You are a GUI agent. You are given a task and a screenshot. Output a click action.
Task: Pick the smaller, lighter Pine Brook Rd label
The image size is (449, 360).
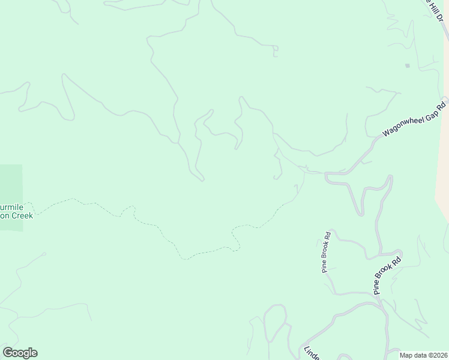[327, 252]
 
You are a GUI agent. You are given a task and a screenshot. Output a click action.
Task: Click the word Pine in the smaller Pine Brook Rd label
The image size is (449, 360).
[325, 266]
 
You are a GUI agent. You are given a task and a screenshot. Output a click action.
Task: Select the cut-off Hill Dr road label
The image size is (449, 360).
[434, 10]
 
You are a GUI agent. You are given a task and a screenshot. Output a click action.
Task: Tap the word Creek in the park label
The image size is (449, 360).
[21, 215]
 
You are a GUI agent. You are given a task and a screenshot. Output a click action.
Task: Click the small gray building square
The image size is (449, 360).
[407, 65]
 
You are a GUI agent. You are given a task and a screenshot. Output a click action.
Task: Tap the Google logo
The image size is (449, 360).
[20, 353]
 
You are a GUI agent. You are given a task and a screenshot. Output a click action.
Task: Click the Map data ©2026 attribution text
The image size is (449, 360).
[423, 355]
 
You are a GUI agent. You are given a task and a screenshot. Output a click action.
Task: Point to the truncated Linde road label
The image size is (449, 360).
[309, 353]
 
